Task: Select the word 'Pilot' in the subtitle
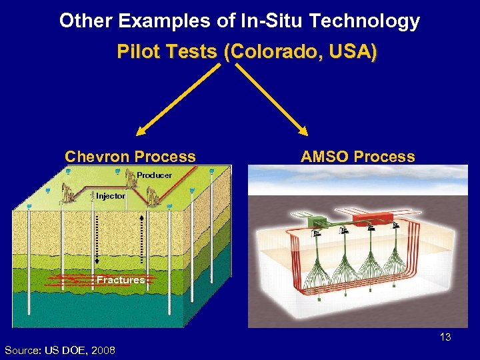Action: click(136, 51)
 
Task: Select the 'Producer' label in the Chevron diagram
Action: click(154, 175)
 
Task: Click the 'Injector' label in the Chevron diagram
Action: click(110, 196)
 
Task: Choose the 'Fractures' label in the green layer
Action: click(121, 280)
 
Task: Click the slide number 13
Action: click(445, 337)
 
